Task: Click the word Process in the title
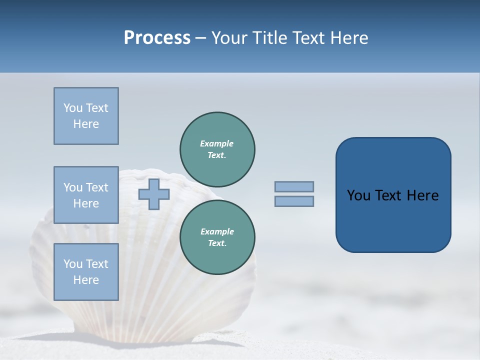click(157, 38)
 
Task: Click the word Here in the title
click(348, 38)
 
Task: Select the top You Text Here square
click(86, 116)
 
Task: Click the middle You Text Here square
click(86, 195)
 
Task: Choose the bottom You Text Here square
click(86, 271)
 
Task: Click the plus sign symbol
click(154, 194)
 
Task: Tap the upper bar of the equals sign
click(294, 186)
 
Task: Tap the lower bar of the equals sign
click(294, 201)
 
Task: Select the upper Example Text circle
click(217, 149)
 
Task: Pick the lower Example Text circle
click(217, 237)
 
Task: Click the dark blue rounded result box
click(393, 195)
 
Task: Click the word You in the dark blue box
click(358, 195)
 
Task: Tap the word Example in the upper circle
click(217, 143)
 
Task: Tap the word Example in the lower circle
click(217, 231)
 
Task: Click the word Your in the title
click(230, 38)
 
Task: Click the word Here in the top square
click(86, 124)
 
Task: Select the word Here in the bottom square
click(86, 280)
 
